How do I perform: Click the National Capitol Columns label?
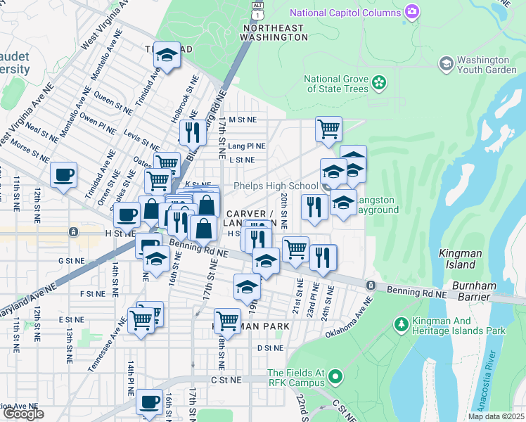click(x=345, y=13)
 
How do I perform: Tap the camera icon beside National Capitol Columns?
click(x=411, y=12)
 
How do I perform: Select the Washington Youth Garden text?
click(x=482, y=65)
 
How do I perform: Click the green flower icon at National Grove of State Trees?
click(x=379, y=83)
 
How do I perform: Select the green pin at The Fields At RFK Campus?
click(x=335, y=378)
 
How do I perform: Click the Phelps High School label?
click(x=276, y=186)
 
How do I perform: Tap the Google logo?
click(x=23, y=414)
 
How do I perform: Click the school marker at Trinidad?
click(x=167, y=56)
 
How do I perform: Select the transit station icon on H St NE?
click(x=72, y=232)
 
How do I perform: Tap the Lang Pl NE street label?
click(x=247, y=146)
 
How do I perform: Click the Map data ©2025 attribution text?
click(x=496, y=416)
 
